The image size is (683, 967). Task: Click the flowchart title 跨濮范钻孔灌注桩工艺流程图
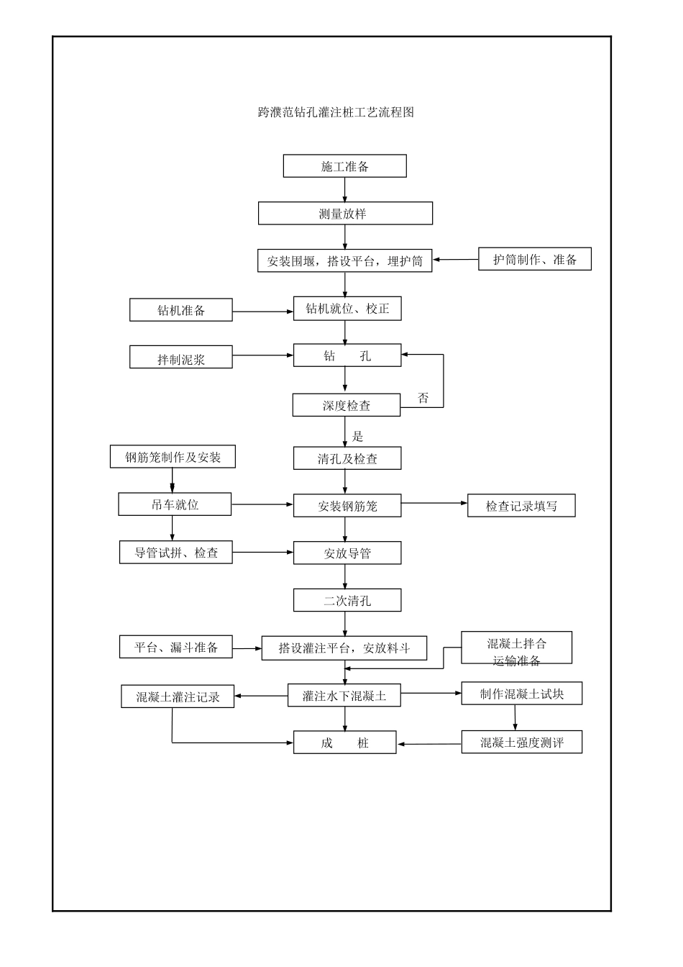click(336, 112)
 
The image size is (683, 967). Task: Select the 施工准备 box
click(344, 166)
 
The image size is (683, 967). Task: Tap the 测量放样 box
click(345, 214)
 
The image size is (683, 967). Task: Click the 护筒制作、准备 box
click(534, 260)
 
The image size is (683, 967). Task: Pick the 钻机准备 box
click(181, 310)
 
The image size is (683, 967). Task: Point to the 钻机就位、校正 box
click(347, 309)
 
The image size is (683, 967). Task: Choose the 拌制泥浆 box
click(181, 358)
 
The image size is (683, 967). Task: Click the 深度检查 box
click(346, 405)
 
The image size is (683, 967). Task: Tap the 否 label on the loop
click(423, 398)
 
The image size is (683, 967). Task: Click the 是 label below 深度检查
click(357, 436)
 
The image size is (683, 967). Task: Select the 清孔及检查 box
click(347, 458)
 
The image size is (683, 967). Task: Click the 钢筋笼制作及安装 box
click(173, 457)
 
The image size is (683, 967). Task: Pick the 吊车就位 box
click(175, 504)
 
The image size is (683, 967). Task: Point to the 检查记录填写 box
click(521, 506)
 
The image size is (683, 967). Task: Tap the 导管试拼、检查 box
click(175, 553)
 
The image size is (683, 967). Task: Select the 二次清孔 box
click(347, 600)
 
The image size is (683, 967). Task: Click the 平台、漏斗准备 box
click(176, 647)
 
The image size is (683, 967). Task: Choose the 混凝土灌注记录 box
click(178, 696)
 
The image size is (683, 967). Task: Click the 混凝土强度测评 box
click(521, 743)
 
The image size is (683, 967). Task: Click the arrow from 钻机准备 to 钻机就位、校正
click(262, 312)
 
